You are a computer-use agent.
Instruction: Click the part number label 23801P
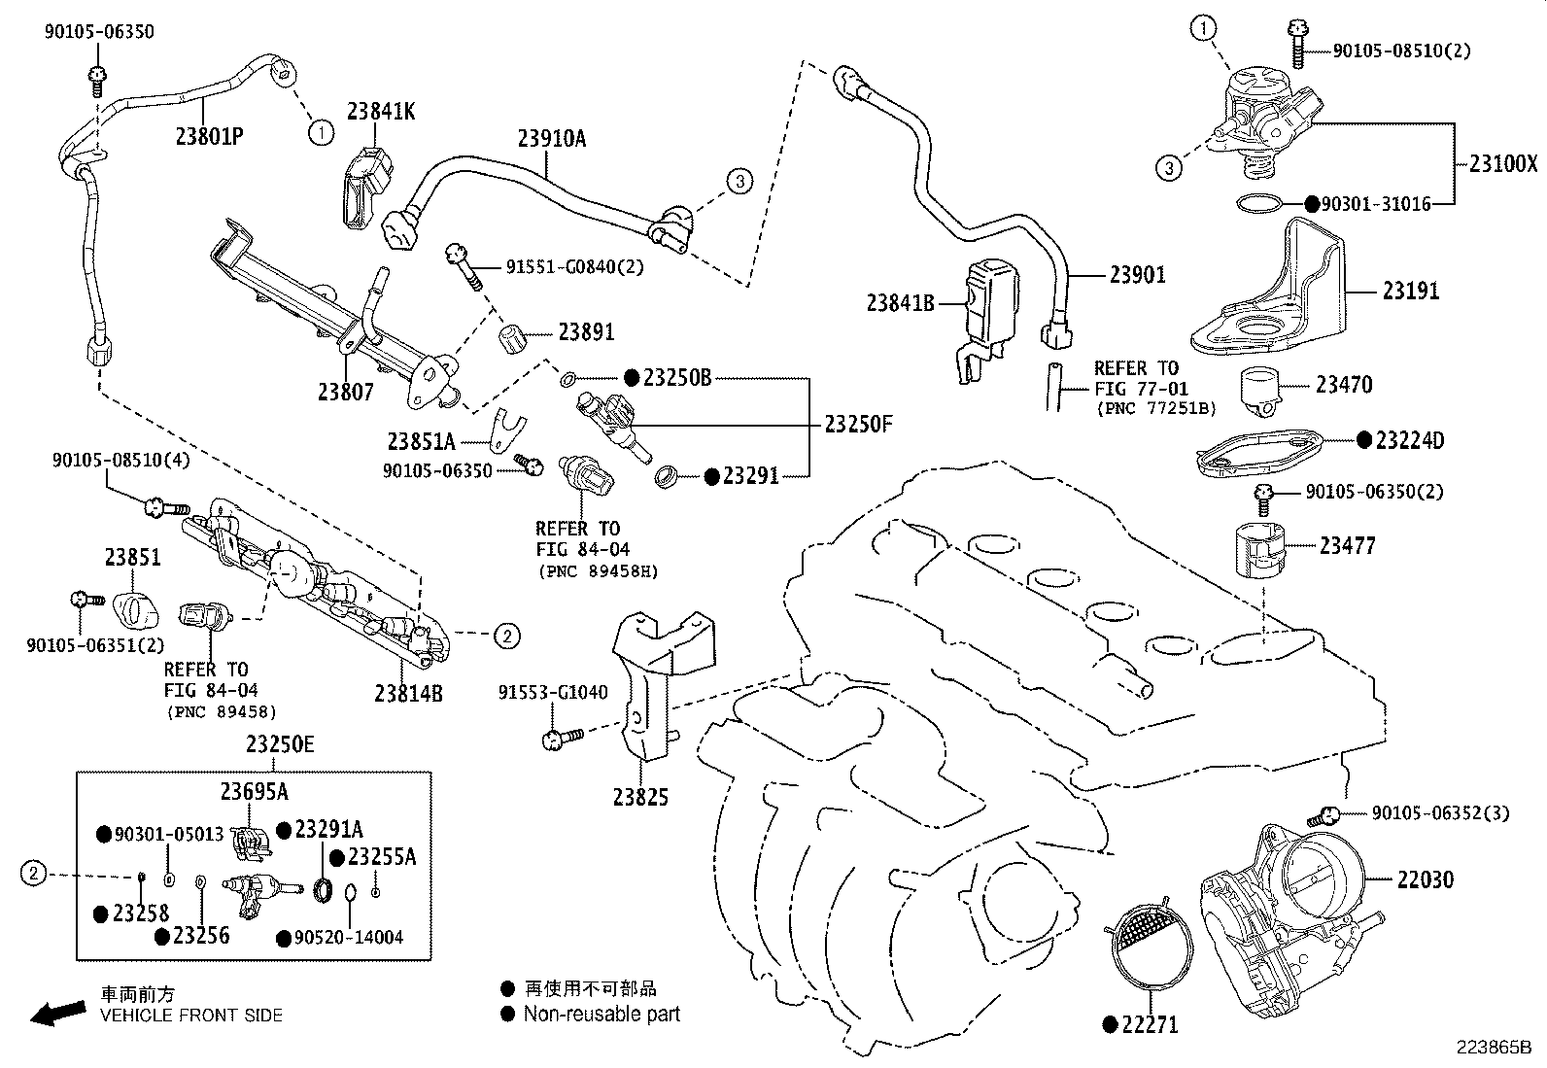point(209,136)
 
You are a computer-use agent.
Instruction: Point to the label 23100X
point(1502,163)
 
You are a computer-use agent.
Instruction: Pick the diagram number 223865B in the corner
point(1493,1049)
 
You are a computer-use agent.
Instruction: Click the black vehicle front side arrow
point(56,1014)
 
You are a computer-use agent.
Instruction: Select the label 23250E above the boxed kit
point(280,744)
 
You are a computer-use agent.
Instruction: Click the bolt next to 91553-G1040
point(561,740)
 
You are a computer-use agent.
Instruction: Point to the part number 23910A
point(551,138)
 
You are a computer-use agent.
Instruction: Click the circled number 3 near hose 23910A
point(739,181)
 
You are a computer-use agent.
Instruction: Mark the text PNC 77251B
point(1155,408)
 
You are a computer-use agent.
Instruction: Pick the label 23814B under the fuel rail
point(408,693)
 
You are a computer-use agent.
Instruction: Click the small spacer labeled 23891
point(512,341)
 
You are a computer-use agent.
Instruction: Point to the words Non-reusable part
point(602,1015)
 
